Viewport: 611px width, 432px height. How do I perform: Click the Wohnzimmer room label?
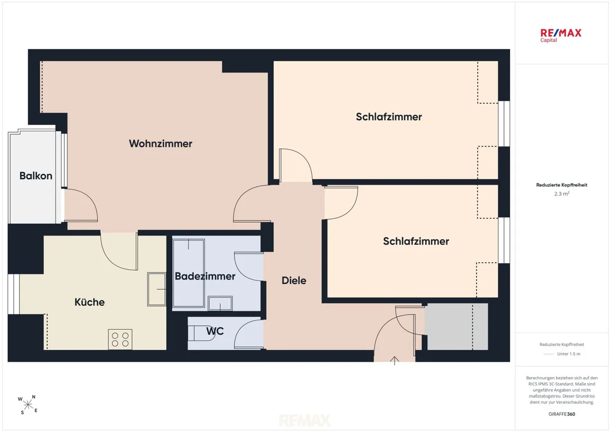(160, 143)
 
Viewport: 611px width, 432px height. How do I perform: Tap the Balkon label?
(36, 176)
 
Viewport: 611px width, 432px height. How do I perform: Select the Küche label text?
(90, 302)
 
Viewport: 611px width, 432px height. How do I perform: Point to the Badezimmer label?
(205, 276)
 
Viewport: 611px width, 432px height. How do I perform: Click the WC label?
(215, 331)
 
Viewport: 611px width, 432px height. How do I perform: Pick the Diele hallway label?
(294, 280)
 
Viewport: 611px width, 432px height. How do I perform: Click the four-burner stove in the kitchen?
(120, 339)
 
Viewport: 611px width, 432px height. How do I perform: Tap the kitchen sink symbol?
(157, 289)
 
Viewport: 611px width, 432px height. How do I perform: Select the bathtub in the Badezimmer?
(188, 273)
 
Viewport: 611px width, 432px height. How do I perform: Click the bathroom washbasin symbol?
(220, 303)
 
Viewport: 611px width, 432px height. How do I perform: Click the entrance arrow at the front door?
(395, 361)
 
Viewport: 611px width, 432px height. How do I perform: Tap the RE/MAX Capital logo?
(561, 36)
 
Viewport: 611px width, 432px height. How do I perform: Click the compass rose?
(28, 405)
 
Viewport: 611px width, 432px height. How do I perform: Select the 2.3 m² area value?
(562, 194)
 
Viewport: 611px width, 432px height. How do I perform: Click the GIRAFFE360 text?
(562, 414)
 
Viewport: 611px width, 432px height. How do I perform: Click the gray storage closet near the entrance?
(457, 327)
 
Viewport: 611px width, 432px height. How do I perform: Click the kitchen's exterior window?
(13, 294)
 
